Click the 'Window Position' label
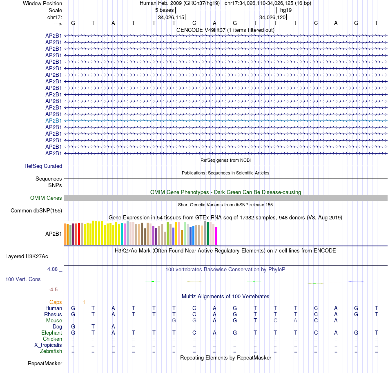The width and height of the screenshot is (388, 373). point(42,3)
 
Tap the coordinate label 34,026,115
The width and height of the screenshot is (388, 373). point(171,18)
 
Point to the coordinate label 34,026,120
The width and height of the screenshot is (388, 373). point(272,18)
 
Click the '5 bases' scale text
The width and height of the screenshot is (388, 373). point(164,10)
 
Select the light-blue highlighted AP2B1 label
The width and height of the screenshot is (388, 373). point(54,121)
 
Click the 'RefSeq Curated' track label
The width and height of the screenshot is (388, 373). point(43,166)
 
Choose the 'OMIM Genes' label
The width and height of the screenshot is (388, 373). point(46,198)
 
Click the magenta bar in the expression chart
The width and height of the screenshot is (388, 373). point(216,236)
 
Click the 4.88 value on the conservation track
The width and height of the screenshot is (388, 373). point(53,270)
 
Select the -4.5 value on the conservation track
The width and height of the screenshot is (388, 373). point(53,290)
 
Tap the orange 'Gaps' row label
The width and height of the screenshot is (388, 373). point(56,302)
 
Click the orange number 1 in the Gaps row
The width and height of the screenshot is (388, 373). point(84,302)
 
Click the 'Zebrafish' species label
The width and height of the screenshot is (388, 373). point(51,351)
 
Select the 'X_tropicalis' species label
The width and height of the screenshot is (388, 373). point(48,345)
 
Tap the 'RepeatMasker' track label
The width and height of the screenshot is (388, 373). point(45,363)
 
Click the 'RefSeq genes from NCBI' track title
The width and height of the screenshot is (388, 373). point(225,160)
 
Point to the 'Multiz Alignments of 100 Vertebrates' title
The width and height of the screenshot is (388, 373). point(225,296)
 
